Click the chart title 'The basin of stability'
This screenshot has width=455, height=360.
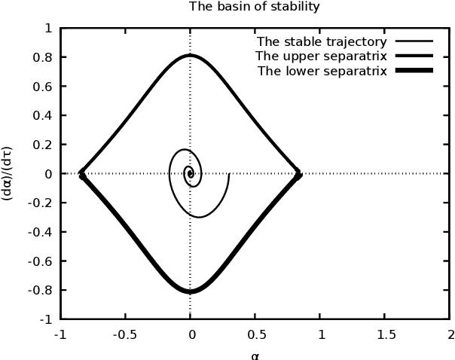pos(254,7)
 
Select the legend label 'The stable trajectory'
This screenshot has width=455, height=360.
pos(322,42)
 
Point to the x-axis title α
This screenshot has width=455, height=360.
pos(255,354)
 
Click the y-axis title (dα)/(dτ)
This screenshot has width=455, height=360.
pos(8,172)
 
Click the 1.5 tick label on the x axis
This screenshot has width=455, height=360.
pos(385,334)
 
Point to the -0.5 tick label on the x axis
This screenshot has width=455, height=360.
pos(125,334)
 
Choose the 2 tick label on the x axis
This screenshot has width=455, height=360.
pos(450,334)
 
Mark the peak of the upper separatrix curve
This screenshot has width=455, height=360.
pos(190,55)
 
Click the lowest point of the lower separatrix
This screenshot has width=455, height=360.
pos(190,291)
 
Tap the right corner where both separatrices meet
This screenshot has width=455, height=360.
pos(298,174)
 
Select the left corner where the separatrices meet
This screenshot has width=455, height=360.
pos(81,174)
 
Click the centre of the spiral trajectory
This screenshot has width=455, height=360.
pos(189,173)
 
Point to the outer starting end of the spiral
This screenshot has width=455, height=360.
pos(228,174)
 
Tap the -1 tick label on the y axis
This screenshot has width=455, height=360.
pos(47,319)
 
